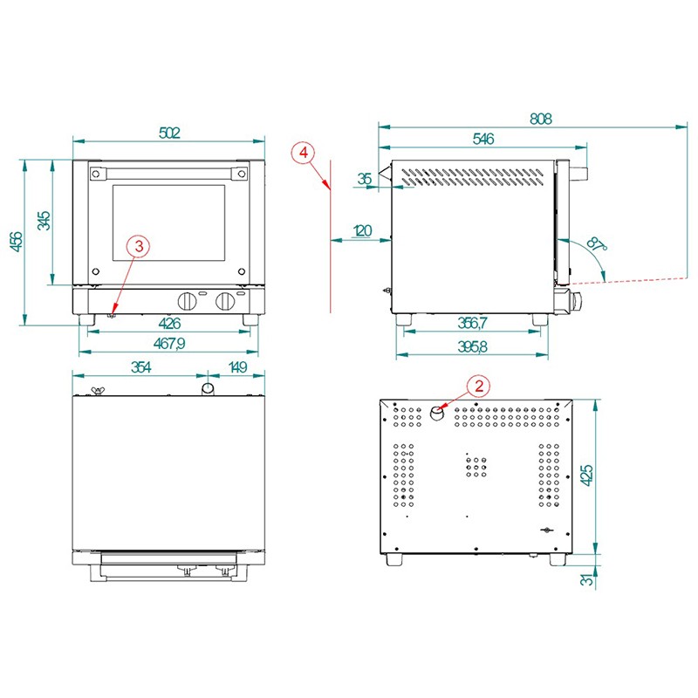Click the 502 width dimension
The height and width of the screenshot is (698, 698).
click(169, 133)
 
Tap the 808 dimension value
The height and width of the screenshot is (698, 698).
click(541, 119)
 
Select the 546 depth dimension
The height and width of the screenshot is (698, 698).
click(483, 139)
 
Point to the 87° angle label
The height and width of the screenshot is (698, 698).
click(597, 244)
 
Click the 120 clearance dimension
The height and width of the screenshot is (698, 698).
click(362, 231)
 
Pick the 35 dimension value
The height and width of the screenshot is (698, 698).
click(365, 179)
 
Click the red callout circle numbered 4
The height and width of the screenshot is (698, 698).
click(303, 154)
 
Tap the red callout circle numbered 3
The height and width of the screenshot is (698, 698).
click(139, 246)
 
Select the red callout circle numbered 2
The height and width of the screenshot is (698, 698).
click(478, 386)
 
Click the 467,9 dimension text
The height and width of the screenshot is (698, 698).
click(169, 344)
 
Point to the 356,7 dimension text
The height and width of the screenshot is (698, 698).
click(473, 323)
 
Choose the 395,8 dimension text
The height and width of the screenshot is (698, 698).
click(473, 346)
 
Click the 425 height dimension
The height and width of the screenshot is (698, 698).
click(587, 476)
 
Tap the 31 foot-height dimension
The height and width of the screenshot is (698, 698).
click(587, 579)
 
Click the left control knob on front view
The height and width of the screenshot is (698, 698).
click(188, 301)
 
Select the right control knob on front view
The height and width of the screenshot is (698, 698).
click(225, 301)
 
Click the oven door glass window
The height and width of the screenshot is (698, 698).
click(168, 223)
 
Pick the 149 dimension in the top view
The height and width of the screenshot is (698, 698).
click(237, 367)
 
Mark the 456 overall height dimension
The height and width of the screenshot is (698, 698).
click(16, 242)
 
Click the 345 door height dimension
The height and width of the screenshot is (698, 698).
click(44, 221)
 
